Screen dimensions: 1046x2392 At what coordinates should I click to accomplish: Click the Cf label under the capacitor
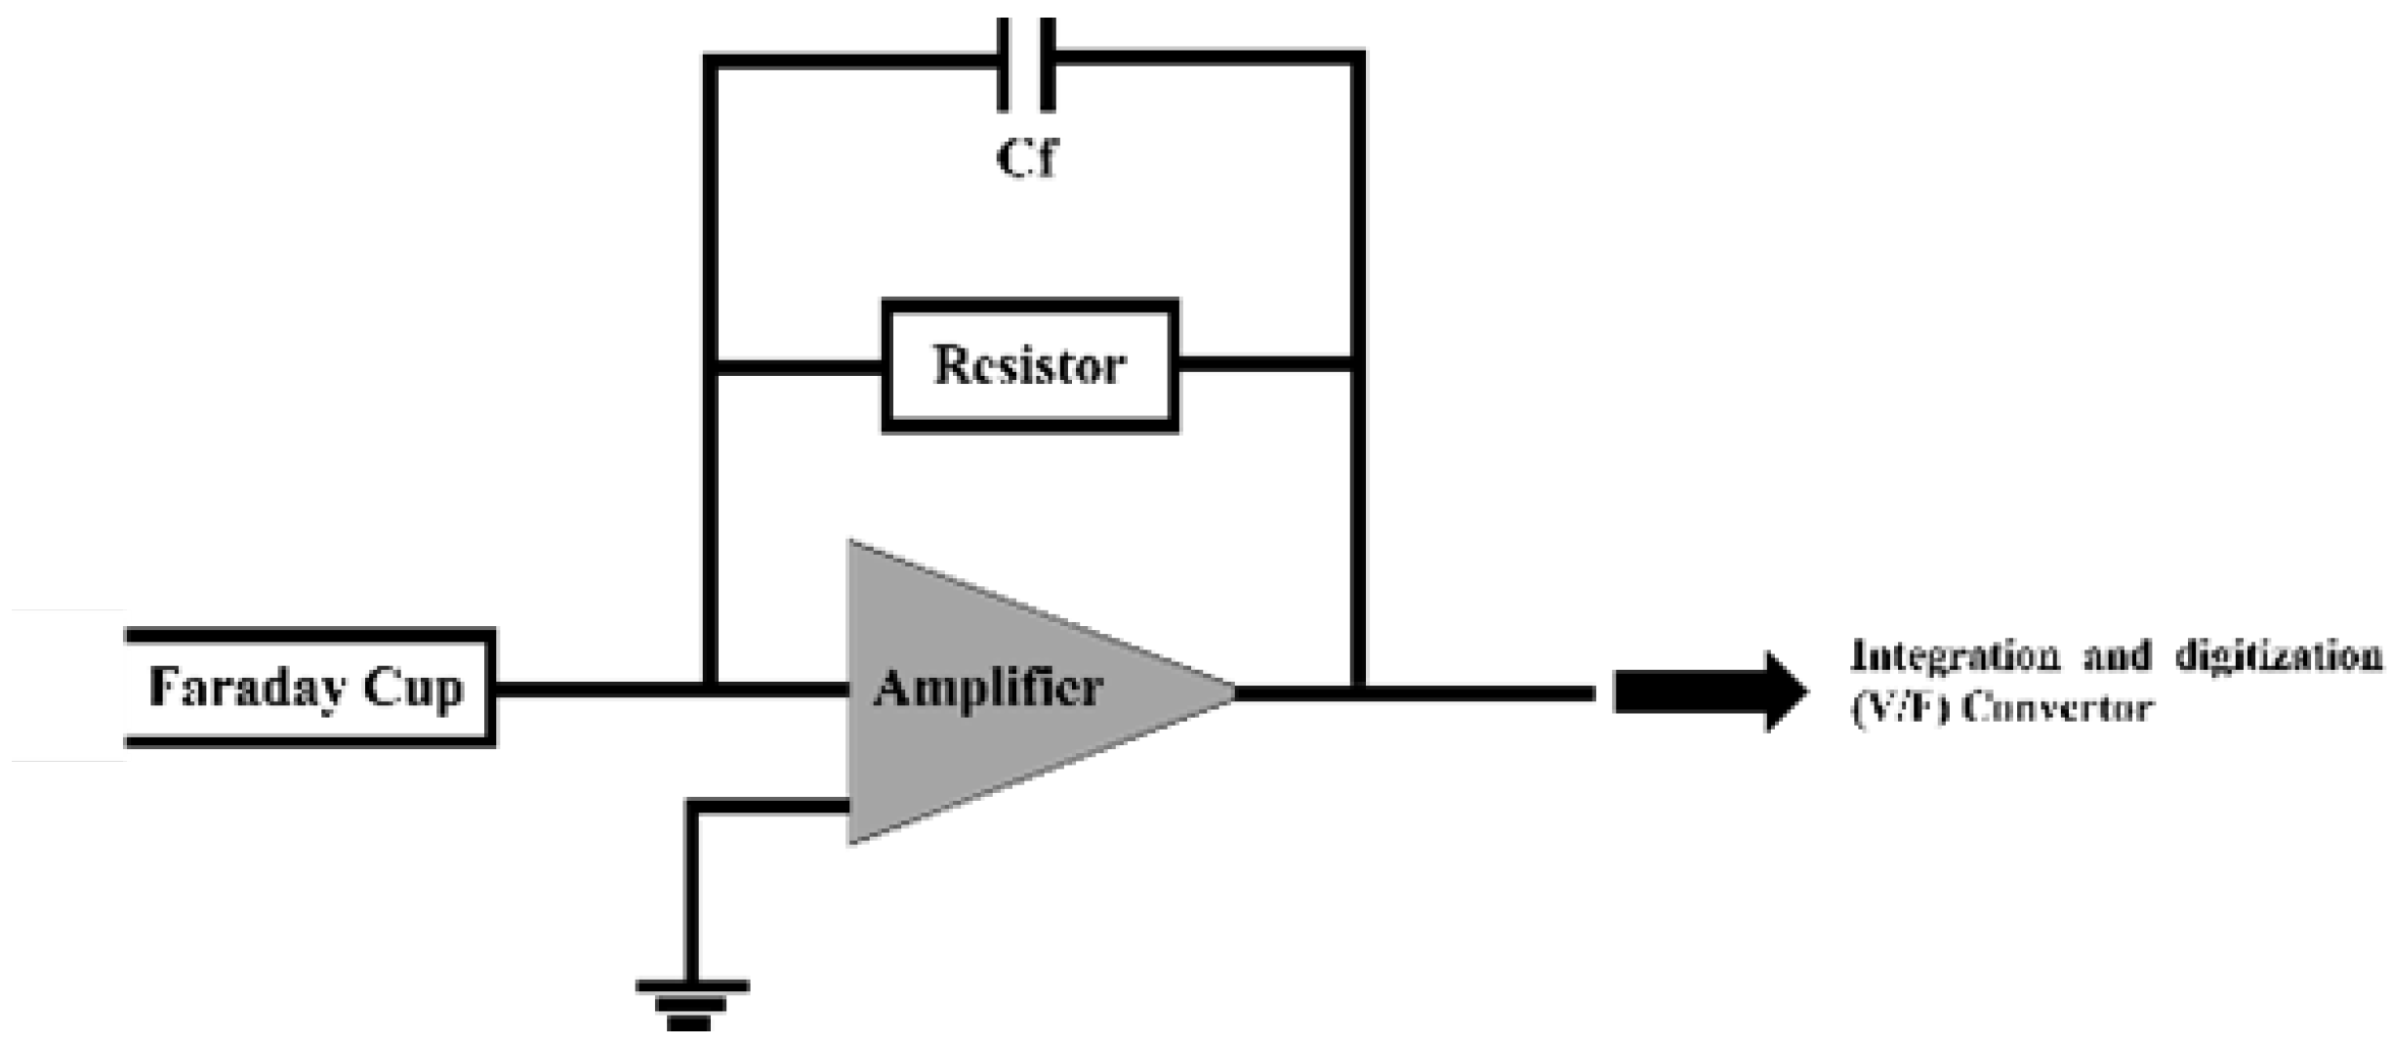(x=1026, y=159)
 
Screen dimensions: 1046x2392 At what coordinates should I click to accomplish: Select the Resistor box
(x=1030, y=366)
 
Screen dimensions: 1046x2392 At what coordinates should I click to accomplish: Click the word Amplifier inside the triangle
(x=987, y=689)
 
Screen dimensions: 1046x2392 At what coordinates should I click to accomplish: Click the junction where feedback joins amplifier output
(x=1358, y=692)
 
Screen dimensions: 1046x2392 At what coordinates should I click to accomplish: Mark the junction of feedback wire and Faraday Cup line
(x=711, y=689)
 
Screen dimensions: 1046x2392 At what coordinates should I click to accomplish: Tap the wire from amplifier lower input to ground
(x=692, y=879)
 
